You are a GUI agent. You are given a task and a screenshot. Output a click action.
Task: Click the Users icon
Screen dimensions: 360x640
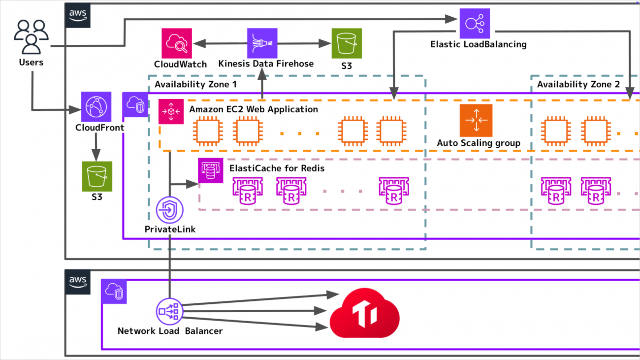tap(31, 37)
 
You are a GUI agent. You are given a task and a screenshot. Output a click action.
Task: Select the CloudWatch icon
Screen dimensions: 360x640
tap(176, 43)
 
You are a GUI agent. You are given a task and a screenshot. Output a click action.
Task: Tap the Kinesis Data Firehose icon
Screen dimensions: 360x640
tap(262, 43)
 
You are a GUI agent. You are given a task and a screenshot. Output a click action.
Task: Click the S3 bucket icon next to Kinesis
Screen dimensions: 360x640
tap(347, 43)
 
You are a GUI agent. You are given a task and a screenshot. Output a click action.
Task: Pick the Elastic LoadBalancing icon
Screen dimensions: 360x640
tap(475, 23)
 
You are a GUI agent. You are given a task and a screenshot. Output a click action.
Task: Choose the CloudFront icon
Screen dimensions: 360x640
tap(96, 106)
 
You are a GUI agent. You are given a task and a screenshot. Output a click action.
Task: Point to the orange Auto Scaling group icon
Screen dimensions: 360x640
tap(476, 120)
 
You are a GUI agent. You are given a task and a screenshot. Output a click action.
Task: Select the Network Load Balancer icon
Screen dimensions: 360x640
tap(169, 311)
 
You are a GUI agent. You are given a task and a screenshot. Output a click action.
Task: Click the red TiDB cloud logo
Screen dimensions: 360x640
tap(365, 313)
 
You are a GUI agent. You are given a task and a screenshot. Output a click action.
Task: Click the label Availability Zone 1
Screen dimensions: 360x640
tap(195, 84)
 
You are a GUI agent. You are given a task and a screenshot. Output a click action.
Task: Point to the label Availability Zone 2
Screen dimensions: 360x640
tap(578, 84)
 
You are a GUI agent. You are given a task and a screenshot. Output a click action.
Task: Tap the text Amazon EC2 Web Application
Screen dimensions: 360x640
tap(254, 109)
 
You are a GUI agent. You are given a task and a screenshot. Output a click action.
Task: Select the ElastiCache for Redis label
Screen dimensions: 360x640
tap(277, 168)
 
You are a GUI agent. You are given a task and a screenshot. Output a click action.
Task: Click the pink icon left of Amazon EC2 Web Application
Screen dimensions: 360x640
tap(171, 112)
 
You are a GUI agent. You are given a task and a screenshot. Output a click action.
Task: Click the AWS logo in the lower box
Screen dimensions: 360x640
tap(77, 281)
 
